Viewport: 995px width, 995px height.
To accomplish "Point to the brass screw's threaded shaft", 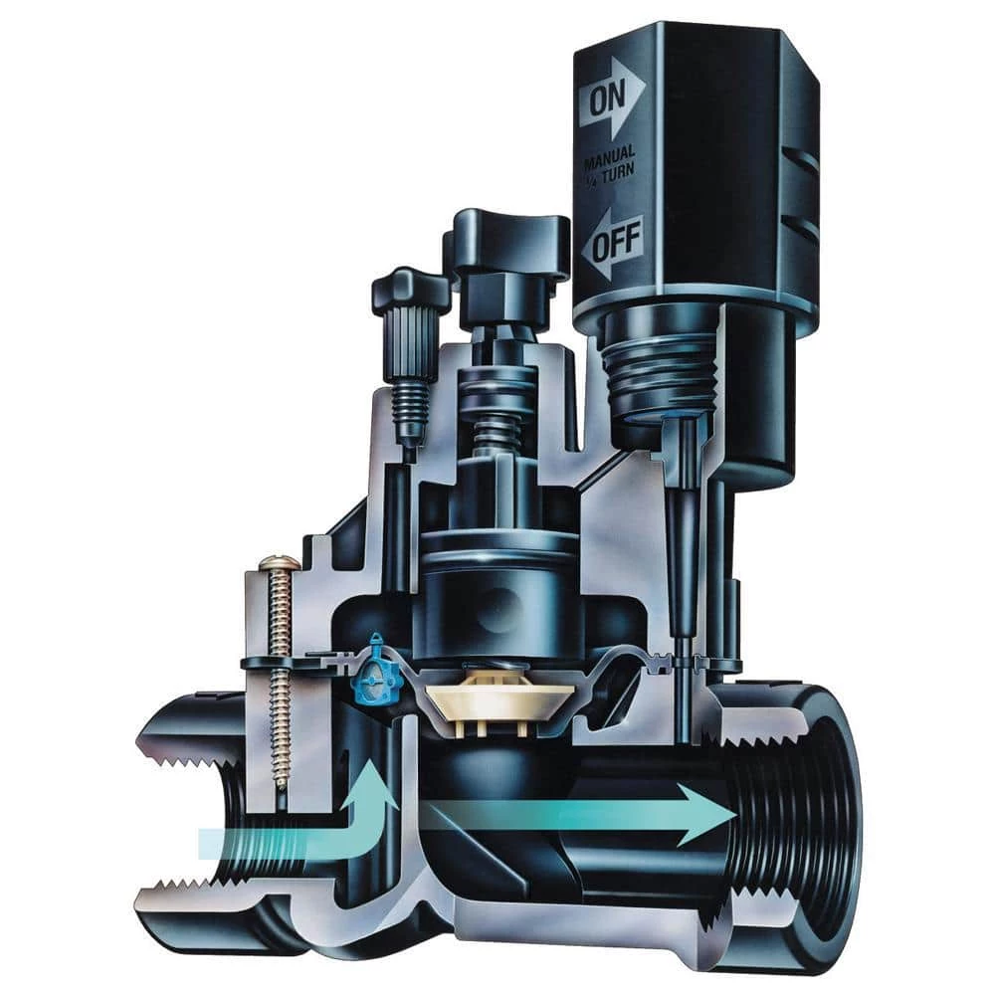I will click(x=281, y=696).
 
